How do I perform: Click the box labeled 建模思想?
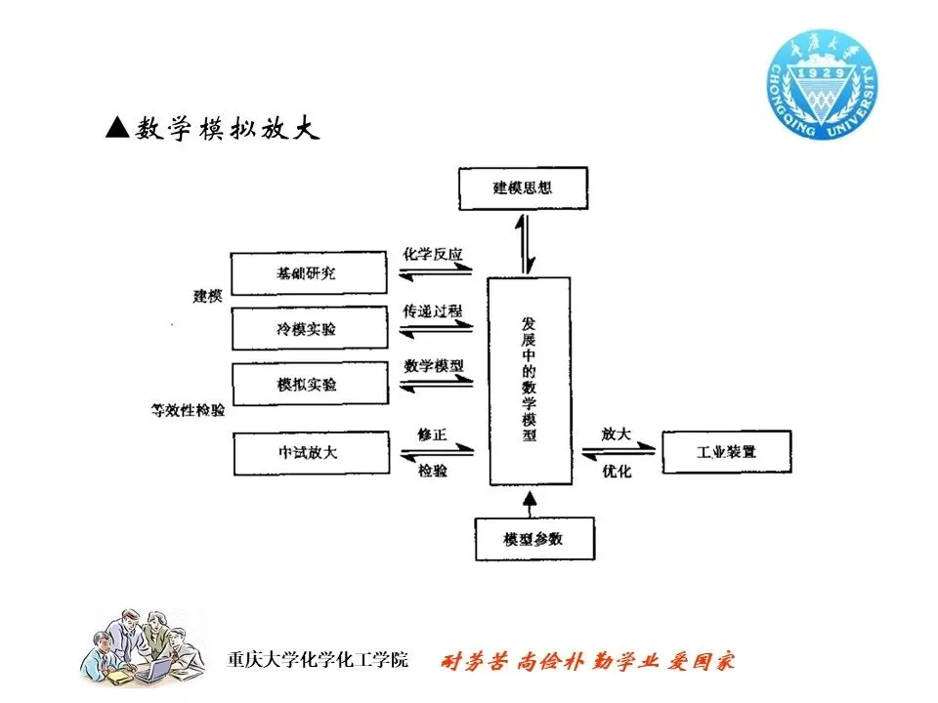(x=524, y=188)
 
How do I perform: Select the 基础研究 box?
(x=308, y=274)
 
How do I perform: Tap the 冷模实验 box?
(x=308, y=329)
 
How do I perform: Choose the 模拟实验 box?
(x=308, y=385)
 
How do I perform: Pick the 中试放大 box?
(x=308, y=453)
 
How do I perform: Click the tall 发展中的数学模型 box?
(x=529, y=380)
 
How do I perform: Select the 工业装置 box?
(x=727, y=452)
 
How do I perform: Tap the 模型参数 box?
(x=533, y=539)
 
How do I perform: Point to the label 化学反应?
(x=433, y=254)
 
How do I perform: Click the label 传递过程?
(x=433, y=310)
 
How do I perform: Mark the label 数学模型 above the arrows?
(x=433, y=366)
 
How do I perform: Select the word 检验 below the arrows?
(x=432, y=471)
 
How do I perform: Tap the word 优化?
(x=618, y=471)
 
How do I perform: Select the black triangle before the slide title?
(x=117, y=128)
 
